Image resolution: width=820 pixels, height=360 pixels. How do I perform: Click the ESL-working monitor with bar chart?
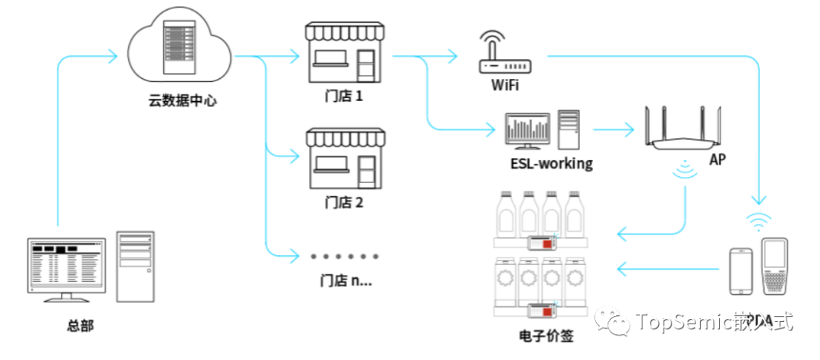click(528, 131)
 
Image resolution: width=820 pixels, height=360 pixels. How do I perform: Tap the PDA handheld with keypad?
click(774, 267)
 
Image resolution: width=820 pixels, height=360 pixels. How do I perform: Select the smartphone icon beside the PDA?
click(741, 271)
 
